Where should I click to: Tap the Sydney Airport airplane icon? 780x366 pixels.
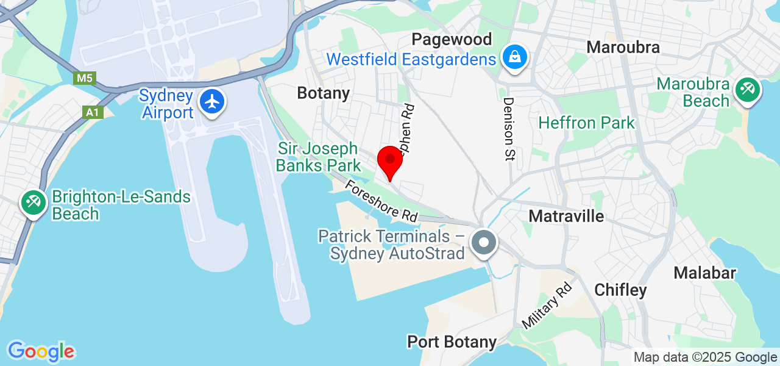pos(212,101)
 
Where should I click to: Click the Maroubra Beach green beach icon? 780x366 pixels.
pos(747,90)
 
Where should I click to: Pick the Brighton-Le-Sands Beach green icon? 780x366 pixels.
pos(33,202)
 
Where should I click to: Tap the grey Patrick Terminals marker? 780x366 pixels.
pos(484,243)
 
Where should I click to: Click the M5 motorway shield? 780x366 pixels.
pos(84,78)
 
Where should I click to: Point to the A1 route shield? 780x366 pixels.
pos(92,112)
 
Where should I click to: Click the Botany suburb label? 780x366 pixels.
pos(323,93)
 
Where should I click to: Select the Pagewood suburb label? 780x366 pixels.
pos(452,40)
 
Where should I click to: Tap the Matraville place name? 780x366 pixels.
pos(566,216)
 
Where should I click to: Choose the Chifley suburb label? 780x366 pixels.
pos(620,290)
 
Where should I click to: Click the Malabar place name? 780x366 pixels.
pos(704,273)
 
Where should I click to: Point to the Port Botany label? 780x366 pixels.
pos(452,342)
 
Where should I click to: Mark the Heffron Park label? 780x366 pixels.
pos(586,123)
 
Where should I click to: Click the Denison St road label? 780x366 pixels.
pos(509,129)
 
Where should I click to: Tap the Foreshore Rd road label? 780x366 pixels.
pos(381,201)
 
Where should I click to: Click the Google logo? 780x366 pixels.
pos(41,352)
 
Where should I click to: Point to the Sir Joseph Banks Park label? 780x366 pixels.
pos(318,157)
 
